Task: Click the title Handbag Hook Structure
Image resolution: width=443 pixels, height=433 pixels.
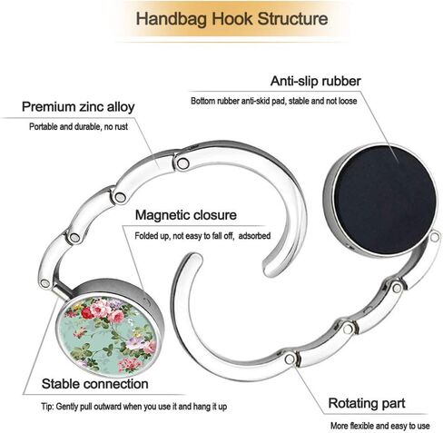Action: pyautogui.click(x=231, y=19)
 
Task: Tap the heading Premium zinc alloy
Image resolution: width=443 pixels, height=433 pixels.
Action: pyautogui.click(x=78, y=107)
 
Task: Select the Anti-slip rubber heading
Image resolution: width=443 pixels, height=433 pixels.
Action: pyautogui.click(x=316, y=81)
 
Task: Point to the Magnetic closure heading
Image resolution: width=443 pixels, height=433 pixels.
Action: pyautogui.click(x=186, y=215)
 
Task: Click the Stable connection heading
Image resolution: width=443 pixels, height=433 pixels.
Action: pyautogui.click(x=95, y=384)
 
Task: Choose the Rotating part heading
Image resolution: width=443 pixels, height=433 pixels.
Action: pyautogui.click(x=367, y=403)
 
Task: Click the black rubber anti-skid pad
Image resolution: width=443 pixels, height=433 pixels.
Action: pyautogui.click(x=385, y=200)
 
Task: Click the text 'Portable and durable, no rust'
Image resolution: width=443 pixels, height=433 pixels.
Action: pyautogui.click(x=78, y=126)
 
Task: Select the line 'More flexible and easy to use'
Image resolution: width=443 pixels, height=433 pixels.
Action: pyautogui.click(x=379, y=426)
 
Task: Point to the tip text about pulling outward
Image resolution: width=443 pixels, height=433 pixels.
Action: pyautogui.click(x=134, y=407)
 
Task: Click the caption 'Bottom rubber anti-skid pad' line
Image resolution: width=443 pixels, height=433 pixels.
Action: pyautogui.click(x=274, y=101)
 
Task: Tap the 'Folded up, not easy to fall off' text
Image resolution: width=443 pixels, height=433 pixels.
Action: pyautogui.click(x=184, y=236)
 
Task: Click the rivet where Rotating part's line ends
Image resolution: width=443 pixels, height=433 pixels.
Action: pyautogui.click(x=290, y=359)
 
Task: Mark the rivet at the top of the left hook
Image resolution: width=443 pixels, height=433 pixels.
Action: pyautogui.click(x=182, y=163)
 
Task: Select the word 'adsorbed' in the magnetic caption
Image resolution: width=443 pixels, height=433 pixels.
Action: pyautogui.click(x=254, y=236)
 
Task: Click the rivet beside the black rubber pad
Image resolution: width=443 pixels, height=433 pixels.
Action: pyautogui.click(x=435, y=237)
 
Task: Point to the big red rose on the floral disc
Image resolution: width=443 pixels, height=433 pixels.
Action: pyautogui.click(x=87, y=313)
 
